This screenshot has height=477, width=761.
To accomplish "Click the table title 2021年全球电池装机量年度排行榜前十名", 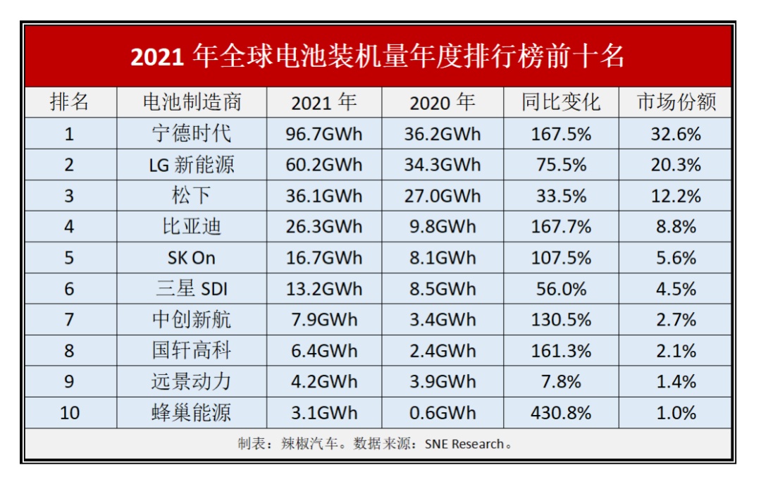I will coord(378,56).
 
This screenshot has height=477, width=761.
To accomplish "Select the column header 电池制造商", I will coord(192,102).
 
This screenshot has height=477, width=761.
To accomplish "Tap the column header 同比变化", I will coord(561,102).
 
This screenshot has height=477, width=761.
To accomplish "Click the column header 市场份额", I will coord(676,102).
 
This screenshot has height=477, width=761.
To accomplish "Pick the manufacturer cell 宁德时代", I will coord(192,134).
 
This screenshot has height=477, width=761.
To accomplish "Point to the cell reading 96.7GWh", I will coord(324,134).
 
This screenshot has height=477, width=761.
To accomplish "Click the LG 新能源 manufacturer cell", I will coord(192,165).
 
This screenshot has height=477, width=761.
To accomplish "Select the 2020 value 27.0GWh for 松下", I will coord(443,196).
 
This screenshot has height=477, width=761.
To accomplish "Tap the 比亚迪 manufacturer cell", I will coord(192,227).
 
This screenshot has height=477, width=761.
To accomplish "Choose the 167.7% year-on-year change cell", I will coord(561,227).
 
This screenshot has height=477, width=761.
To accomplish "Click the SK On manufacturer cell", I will coord(192,258).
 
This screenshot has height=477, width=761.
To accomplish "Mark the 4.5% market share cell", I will coord(676,289).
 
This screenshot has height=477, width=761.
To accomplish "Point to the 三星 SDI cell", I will coord(192,289).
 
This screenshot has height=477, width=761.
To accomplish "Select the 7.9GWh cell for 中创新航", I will coord(324,320).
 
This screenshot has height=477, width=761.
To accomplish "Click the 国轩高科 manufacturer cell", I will coord(192,351).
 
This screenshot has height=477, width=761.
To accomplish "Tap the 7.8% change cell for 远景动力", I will coord(561,382).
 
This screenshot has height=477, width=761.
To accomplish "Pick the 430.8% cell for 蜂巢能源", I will coord(561,413).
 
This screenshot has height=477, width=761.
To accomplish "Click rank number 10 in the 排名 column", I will coord(70,413).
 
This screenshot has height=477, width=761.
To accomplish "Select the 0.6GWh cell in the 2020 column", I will coord(443,413).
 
